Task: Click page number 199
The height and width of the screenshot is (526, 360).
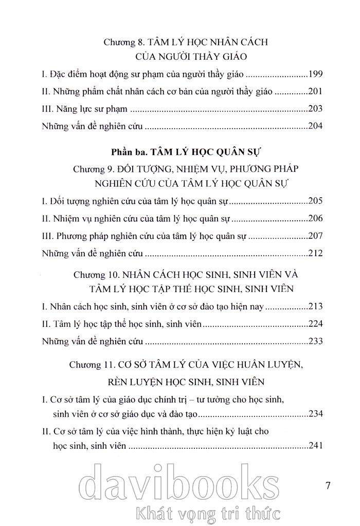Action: pyautogui.click(x=315, y=75)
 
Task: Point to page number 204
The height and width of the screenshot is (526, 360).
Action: pyautogui.click(x=315, y=126)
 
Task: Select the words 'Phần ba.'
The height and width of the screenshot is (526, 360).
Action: pyautogui.click(x=128, y=152)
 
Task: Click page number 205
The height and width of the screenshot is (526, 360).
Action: pyautogui.click(x=315, y=202)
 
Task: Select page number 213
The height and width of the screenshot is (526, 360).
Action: pyautogui.click(x=315, y=307)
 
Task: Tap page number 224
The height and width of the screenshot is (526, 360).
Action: pyautogui.click(x=315, y=324)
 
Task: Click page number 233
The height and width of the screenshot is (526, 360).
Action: pyautogui.click(x=315, y=341)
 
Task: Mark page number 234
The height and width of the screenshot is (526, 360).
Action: pyautogui.click(x=315, y=413)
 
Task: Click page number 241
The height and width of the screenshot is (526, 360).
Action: pyautogui.click(x=315, y=445)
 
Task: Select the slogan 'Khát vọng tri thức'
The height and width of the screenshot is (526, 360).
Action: pyautogui.click(x=206, y=513)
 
